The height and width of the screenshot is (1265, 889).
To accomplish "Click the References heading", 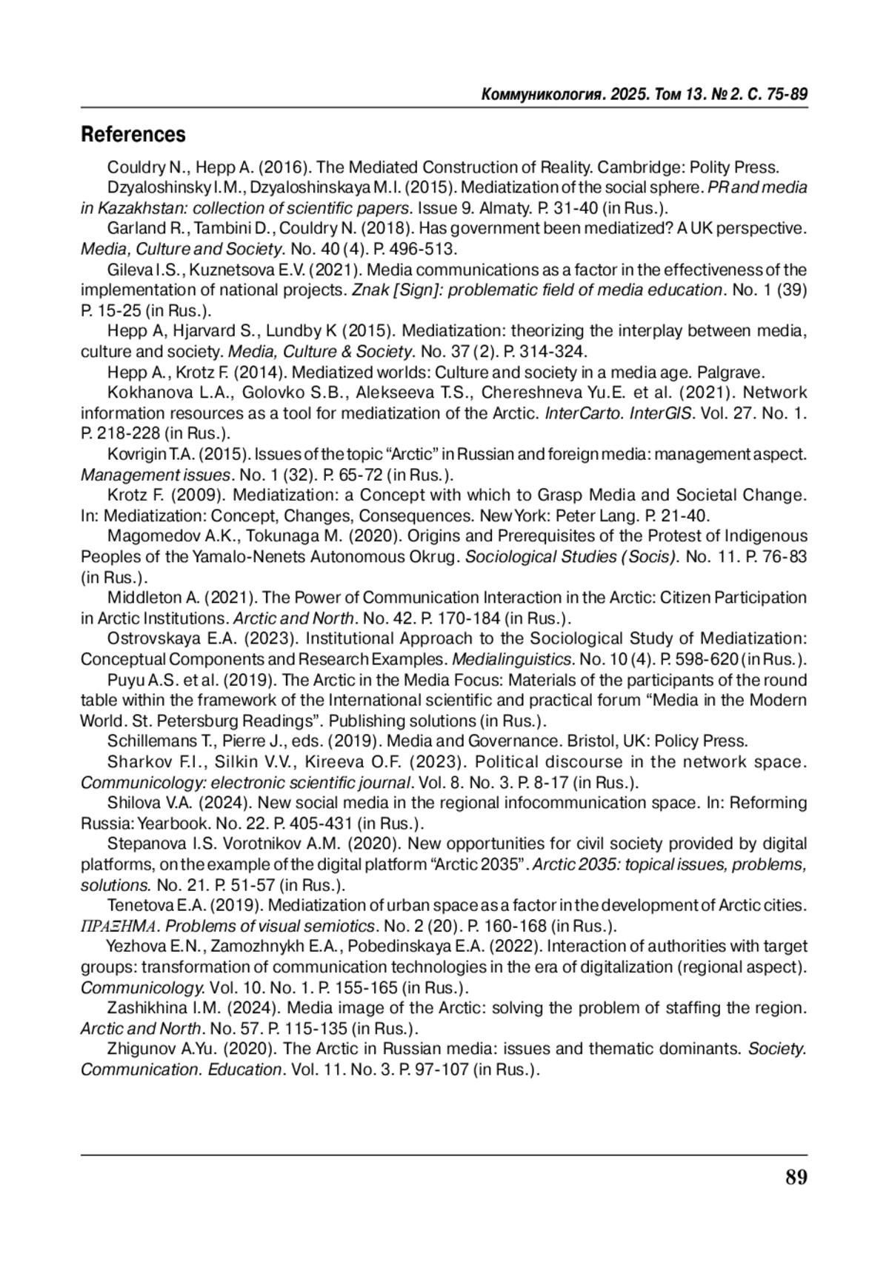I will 133,135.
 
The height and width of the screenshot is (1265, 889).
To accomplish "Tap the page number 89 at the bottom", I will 796,1177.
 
